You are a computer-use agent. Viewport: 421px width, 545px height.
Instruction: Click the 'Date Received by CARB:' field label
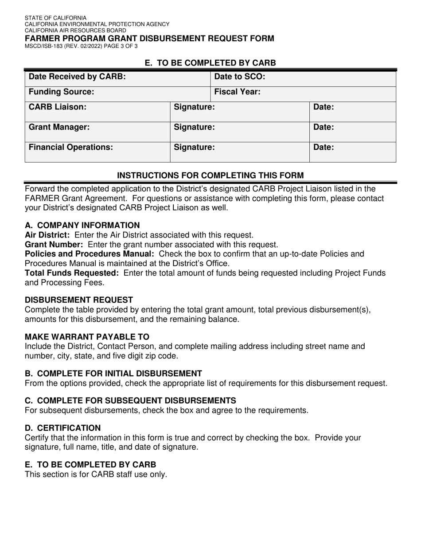[77, 77]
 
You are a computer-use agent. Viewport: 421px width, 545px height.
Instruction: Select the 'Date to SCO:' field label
[240, 77]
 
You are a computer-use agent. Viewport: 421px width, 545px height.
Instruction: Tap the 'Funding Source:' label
[61, 92]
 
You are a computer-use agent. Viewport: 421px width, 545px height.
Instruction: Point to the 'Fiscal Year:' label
[237, 92]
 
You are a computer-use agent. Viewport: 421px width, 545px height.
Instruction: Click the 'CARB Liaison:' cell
[58, 107]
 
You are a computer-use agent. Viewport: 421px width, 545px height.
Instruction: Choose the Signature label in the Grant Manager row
[194, 127]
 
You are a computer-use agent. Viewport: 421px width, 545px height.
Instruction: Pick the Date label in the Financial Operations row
[324, 147]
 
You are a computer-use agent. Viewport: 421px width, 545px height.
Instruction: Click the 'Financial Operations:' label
[70, 147]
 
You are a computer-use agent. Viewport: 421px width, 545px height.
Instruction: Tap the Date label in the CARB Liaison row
[324, 107]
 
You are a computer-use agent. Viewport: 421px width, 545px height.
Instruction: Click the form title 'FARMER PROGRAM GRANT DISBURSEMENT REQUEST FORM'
[149, 39]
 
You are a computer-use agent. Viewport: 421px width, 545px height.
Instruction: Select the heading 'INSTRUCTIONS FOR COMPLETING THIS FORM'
[210, 175]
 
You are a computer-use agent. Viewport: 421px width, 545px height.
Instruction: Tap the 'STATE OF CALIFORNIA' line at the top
[55, 18]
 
